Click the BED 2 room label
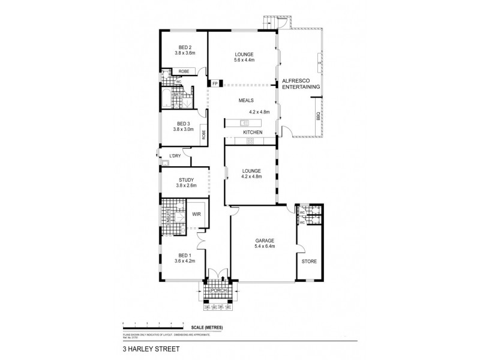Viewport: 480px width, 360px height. [x=184, y=47]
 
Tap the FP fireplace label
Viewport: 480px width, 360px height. [x=215, y=84]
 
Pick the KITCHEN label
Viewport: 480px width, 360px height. [x=253, y=132]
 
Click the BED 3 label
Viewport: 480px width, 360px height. [x=183, y=124]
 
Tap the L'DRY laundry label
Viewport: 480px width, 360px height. [x=175, y=157]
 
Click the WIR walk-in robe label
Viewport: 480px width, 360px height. [x=196, y=214]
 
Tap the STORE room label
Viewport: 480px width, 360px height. [x=309, y=262]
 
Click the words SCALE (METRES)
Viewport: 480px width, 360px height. [x=205, y=328]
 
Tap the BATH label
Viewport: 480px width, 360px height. [x=178, y=95]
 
